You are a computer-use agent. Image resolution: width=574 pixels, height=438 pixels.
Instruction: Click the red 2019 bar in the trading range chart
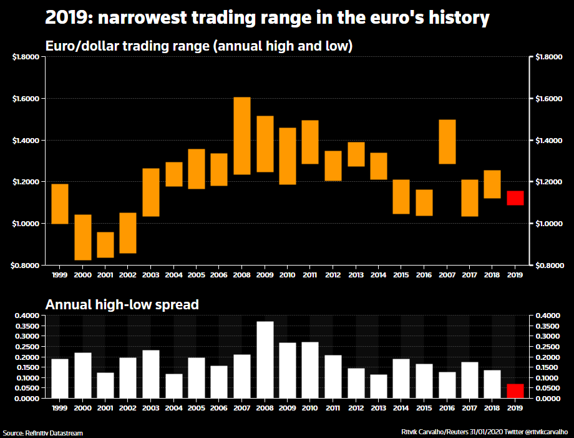515,198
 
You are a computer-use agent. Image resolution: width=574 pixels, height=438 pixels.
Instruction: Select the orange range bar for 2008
242,136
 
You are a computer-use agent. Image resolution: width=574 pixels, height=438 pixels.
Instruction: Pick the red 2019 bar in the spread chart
515,391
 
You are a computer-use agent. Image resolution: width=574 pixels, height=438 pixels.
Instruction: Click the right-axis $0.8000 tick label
547,265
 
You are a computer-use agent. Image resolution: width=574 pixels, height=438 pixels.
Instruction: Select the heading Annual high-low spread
122,305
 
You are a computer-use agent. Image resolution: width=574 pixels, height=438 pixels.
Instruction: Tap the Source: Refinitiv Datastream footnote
42,433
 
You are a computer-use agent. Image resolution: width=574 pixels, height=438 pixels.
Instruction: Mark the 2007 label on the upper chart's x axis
447,274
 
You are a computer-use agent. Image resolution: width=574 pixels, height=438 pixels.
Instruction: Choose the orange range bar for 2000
83,237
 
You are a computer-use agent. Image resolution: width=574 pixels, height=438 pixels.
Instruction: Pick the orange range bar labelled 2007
447,142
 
